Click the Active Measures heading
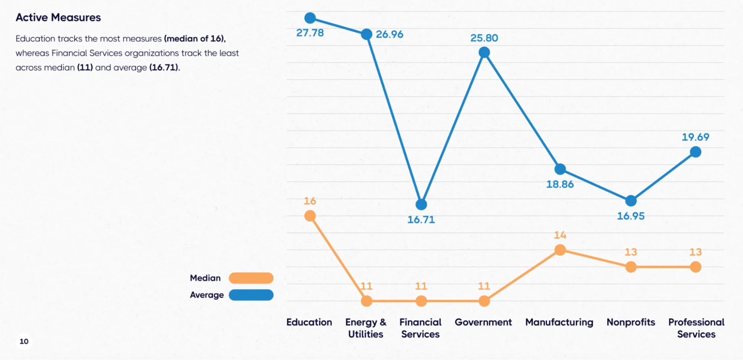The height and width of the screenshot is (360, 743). [x=58, y=17]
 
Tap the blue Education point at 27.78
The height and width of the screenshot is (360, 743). [x=310, y=18]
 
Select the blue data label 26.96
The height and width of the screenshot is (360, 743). [x=389, y=34]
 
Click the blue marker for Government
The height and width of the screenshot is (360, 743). [x=484, y=53]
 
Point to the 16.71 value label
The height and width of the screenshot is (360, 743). [x=421, y=219]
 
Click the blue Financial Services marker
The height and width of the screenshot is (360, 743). [x=421, y=204]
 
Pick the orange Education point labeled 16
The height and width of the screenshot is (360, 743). [x=310, y=216]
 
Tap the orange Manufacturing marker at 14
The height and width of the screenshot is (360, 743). [x=560, y=250]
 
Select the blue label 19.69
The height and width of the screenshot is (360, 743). [x=695, y=137]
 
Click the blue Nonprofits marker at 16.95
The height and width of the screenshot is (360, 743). [x=631, y=201]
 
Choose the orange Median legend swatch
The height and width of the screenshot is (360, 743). [x=251, y=278]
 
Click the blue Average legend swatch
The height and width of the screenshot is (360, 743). [x=251, y=295]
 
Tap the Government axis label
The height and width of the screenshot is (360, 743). [x=483, y=322]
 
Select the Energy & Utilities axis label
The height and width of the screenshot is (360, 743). [x=366, y=328]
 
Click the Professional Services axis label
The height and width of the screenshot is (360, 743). [x=696, y=328]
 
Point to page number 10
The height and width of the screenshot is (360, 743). [x=24, y=341]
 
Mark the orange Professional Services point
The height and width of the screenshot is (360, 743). [x=695, y=267]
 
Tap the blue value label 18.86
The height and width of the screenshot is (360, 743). [x=560, y=184]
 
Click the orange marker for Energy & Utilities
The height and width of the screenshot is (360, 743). [x=366, y=301]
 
